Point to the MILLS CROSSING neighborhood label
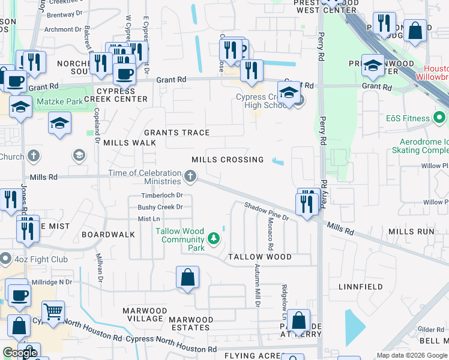228,160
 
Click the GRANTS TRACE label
176,133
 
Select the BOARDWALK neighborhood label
109,234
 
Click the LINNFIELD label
361,287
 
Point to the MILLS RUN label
411,232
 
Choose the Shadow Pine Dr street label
267,211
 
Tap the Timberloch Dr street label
161,196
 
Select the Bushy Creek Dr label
160,207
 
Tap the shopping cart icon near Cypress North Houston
53,311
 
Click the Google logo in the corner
19,353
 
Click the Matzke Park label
60,102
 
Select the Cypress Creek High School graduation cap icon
289,93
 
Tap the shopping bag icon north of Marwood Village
187,277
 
